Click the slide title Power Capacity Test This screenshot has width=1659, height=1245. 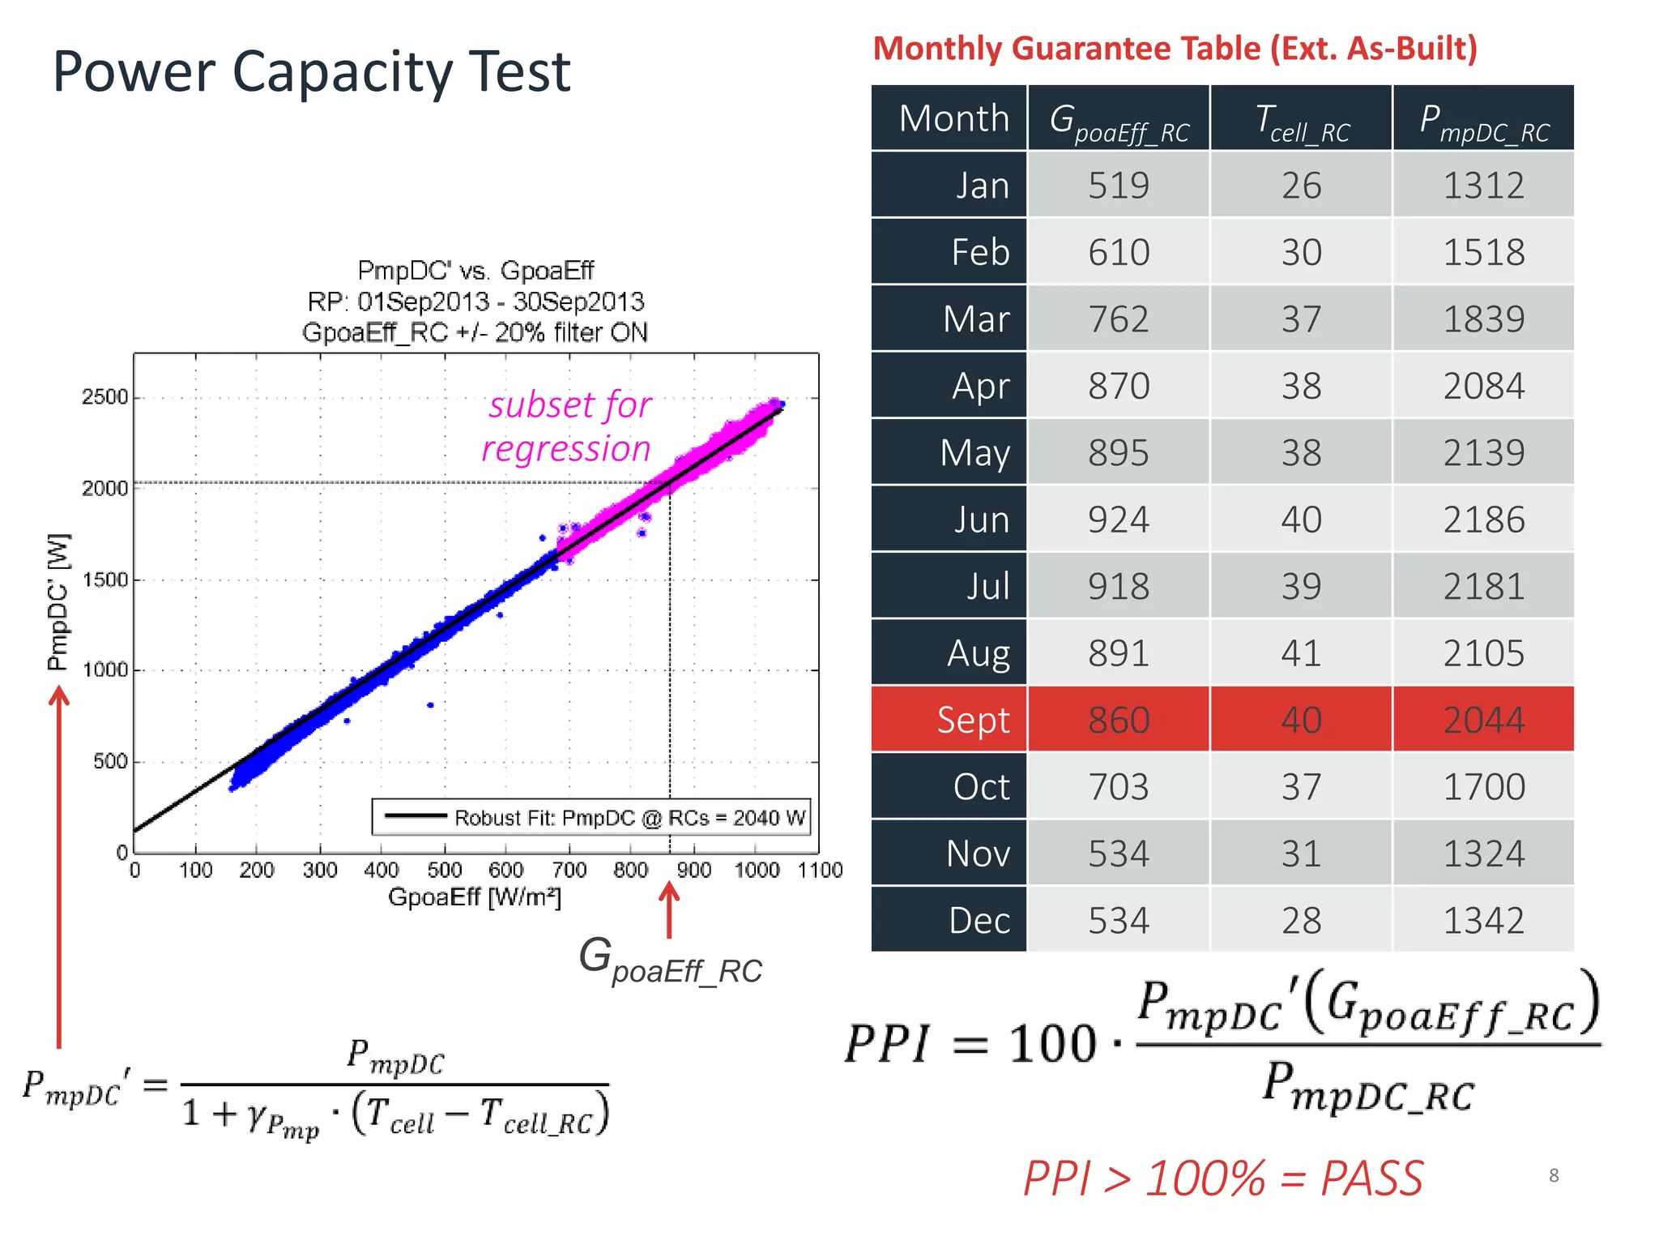(x=311, y=71)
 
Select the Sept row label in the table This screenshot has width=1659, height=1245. (x=973, y=720)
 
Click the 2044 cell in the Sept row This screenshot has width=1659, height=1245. (x=1483, y=720)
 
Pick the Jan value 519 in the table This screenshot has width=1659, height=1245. (x=1118, y=186)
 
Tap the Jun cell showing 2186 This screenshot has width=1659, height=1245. (x=1483, y=520)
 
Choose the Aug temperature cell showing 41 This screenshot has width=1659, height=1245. (x=1301, y=653)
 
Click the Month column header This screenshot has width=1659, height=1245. (x=953, y=118)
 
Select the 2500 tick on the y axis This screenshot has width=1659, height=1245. (x=104, y=397)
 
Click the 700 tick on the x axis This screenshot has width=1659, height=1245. (x=569, y=871)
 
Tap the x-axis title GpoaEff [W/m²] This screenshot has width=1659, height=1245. (x=475, y=897)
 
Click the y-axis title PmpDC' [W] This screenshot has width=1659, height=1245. (x=58, y=602)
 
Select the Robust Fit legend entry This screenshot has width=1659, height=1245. (x=591, y=817)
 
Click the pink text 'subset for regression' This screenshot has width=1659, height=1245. (x=567, y=426)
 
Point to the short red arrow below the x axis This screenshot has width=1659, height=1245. (x=669, y=909)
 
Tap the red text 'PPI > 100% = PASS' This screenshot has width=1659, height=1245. (x=1222, y=1178)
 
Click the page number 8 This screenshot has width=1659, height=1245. (x=1553, y=1175)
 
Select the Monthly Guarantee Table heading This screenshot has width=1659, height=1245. (x=1175, y=49)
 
